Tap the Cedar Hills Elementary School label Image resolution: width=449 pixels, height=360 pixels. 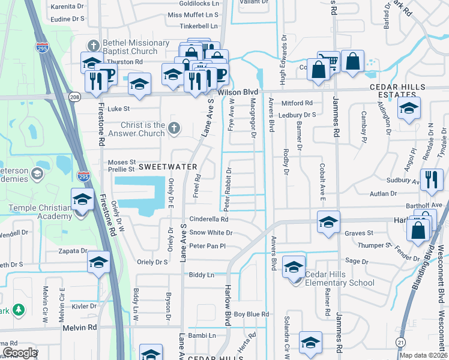[x=340, y=279]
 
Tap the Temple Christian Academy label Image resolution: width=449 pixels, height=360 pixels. [x=40, y=212]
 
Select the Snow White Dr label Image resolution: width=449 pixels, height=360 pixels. [x=211, y=232]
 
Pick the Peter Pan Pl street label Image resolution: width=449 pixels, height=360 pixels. [x=207, y=246]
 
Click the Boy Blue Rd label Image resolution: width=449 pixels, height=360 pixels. [x=252, y=314]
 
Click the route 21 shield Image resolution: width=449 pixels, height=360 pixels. [x=400, y=341]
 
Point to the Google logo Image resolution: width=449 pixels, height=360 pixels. [x=20, y=353]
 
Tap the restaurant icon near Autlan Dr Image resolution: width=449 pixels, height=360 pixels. [x=431, y=179]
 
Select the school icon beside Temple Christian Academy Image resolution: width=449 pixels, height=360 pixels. [x=82, y=199]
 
